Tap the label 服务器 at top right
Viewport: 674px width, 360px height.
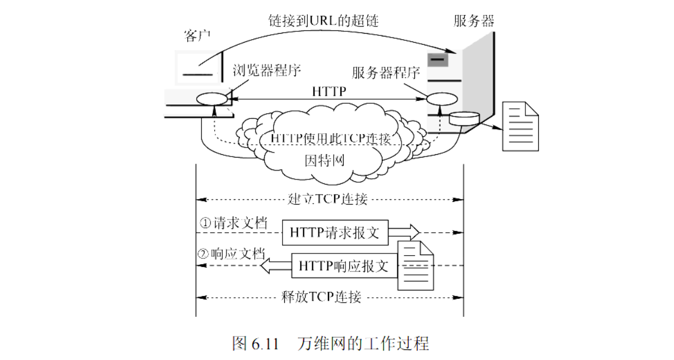474,21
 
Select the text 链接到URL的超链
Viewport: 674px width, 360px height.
322,21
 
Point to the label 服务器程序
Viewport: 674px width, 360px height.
386,73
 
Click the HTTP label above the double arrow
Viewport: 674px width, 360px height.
329,91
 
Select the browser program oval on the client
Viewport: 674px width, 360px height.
212,99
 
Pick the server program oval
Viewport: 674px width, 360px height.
439,99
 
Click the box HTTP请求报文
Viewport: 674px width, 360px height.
334,233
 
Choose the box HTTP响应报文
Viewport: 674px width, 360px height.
343,265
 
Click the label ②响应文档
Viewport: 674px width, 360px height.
230,253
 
